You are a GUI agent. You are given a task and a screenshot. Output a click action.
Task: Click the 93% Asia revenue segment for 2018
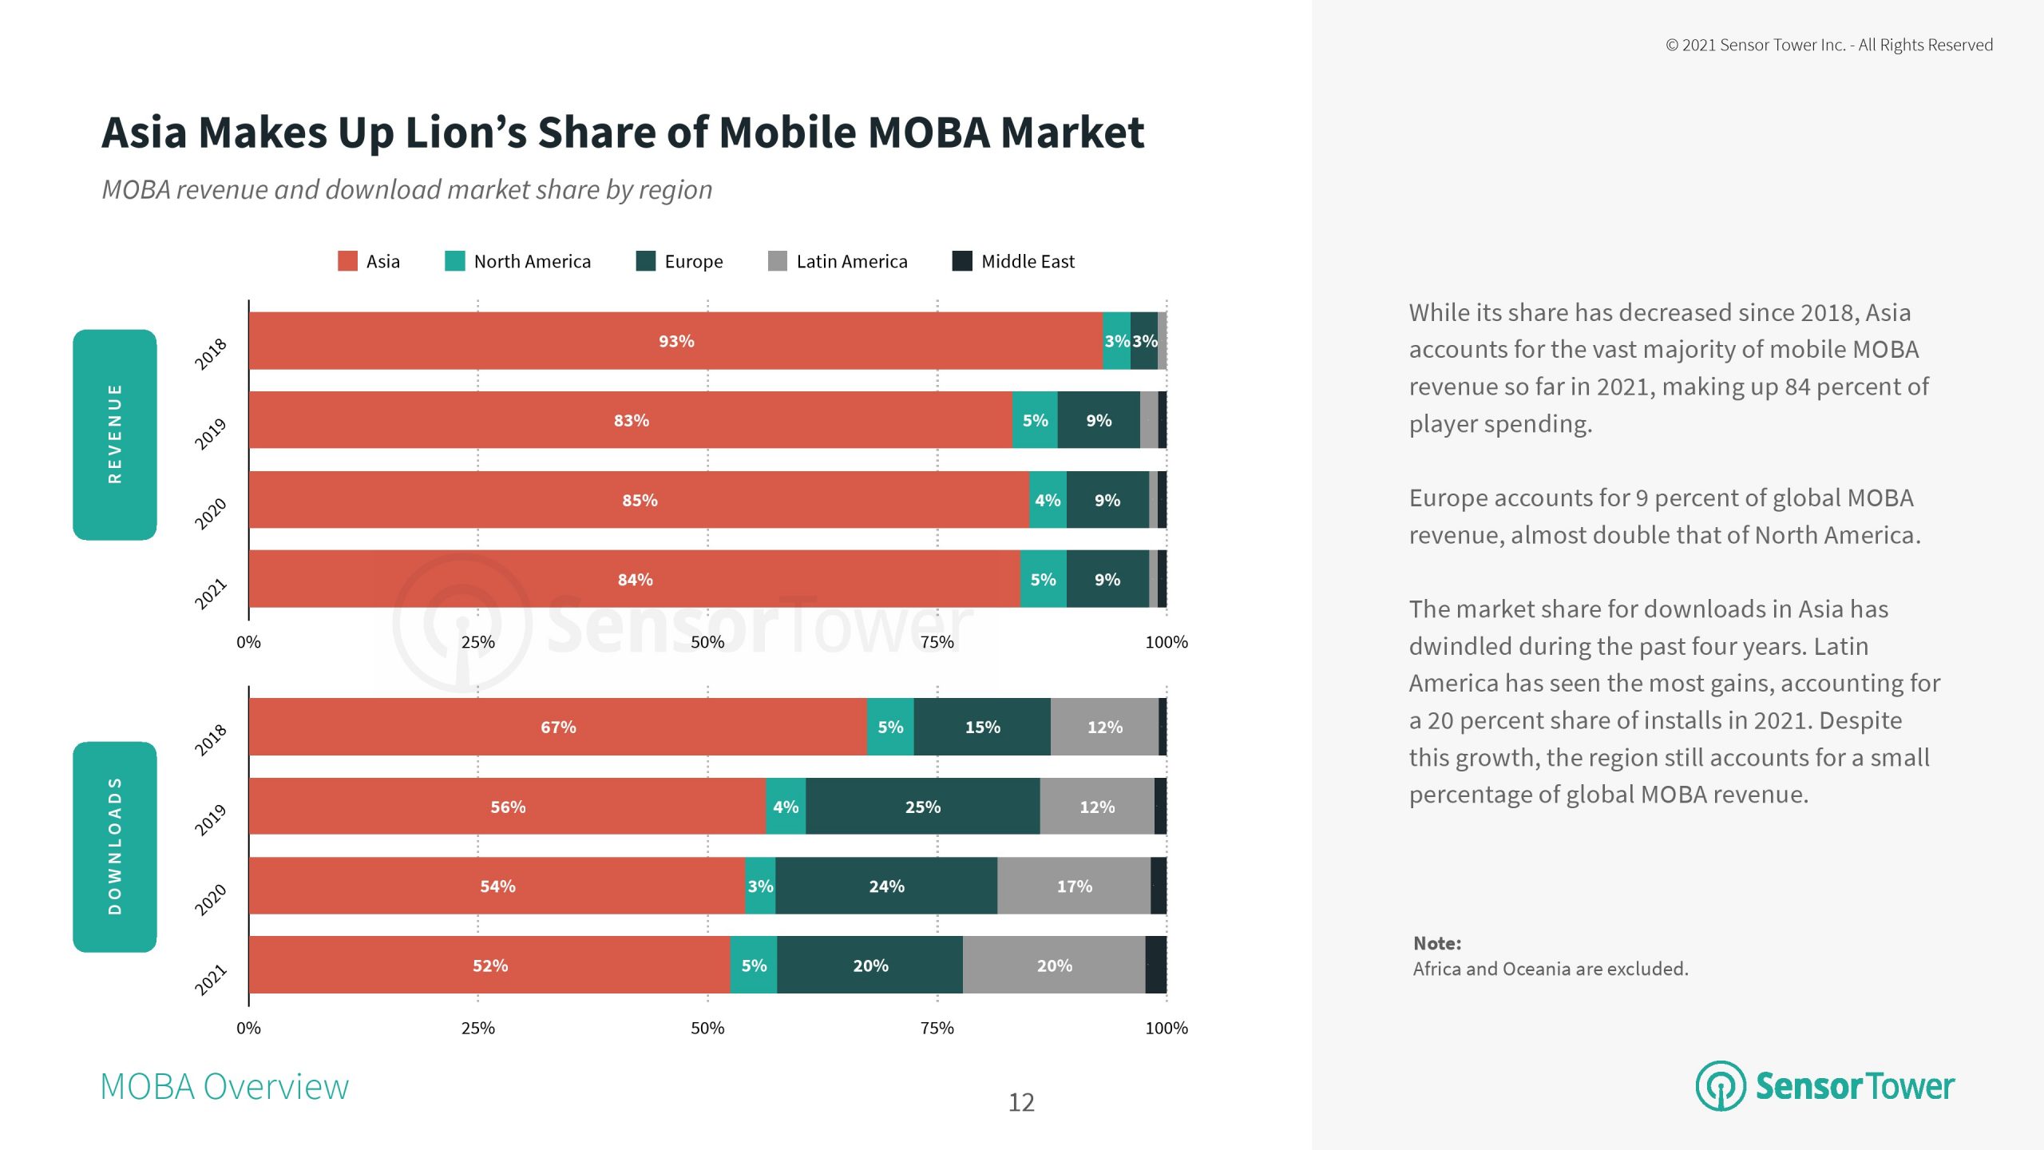[675, 341]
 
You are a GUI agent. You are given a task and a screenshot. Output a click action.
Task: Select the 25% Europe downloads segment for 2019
[922, 807]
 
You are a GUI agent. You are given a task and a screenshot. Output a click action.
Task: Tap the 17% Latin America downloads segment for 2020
[1074, 886]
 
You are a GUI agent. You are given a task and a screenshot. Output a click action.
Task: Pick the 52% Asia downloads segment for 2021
[489, 966]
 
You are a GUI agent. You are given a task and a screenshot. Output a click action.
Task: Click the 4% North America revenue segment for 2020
[1048, 500]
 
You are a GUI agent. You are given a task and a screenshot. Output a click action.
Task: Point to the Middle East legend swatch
[962, 261]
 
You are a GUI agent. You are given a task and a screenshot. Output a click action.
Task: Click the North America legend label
[532, 262]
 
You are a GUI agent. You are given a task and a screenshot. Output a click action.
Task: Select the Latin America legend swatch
[777, 261]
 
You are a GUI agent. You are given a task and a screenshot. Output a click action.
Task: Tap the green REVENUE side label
[115, 434]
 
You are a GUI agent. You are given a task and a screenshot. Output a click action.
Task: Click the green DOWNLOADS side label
[115, 847]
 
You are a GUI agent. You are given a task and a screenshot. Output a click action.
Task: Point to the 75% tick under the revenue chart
[937, 642]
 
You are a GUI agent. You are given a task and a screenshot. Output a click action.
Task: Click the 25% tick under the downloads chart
[477, 1028]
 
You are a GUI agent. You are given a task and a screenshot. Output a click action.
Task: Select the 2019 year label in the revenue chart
[211, 434]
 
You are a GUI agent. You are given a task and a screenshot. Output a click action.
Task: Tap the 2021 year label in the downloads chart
[211, 980]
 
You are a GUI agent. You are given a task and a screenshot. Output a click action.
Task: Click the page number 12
[1021, 1103]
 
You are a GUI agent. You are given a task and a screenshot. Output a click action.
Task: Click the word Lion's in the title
[465, 133]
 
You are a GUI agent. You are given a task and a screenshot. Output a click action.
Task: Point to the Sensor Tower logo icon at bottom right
[1721, 1086]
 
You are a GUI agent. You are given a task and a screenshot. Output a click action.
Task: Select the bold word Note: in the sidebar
[1437, 943]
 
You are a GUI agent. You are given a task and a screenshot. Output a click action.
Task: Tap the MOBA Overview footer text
[224, 1087]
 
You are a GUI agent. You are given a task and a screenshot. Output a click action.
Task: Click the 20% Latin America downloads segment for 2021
[1054, 966]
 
